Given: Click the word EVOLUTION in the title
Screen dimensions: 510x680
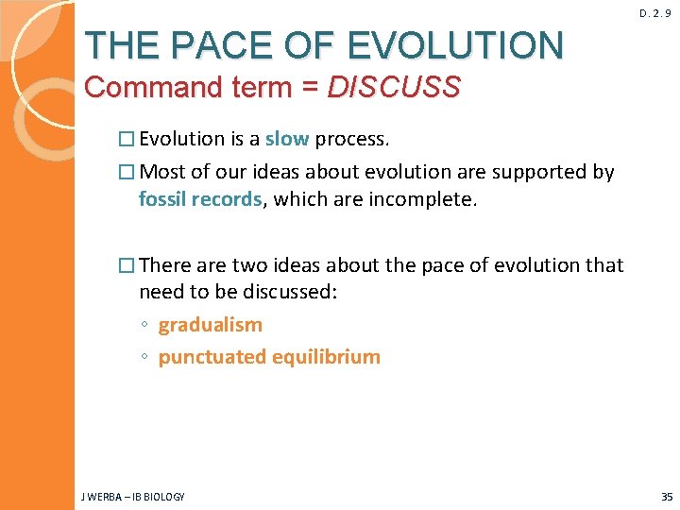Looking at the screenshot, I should tap(454, 44).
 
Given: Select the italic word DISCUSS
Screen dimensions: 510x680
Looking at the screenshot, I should tap(393, 88).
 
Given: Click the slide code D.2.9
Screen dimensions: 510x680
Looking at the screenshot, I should tap(654, 14).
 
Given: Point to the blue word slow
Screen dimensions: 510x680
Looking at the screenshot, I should tap(286, 139).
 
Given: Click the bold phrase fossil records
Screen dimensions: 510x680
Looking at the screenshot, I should tap(200, 199).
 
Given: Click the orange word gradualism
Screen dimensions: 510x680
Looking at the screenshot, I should tap(210, 325).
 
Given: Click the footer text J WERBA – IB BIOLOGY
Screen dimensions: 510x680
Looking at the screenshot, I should tap(133, 496).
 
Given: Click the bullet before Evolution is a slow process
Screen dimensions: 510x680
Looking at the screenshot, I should tap(126, 140).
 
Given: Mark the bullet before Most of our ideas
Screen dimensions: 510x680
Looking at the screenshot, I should tap(126, 172).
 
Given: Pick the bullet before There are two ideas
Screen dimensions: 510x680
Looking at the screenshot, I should tap(126, 265).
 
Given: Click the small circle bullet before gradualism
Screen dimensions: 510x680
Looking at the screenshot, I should tap(144, 326).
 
